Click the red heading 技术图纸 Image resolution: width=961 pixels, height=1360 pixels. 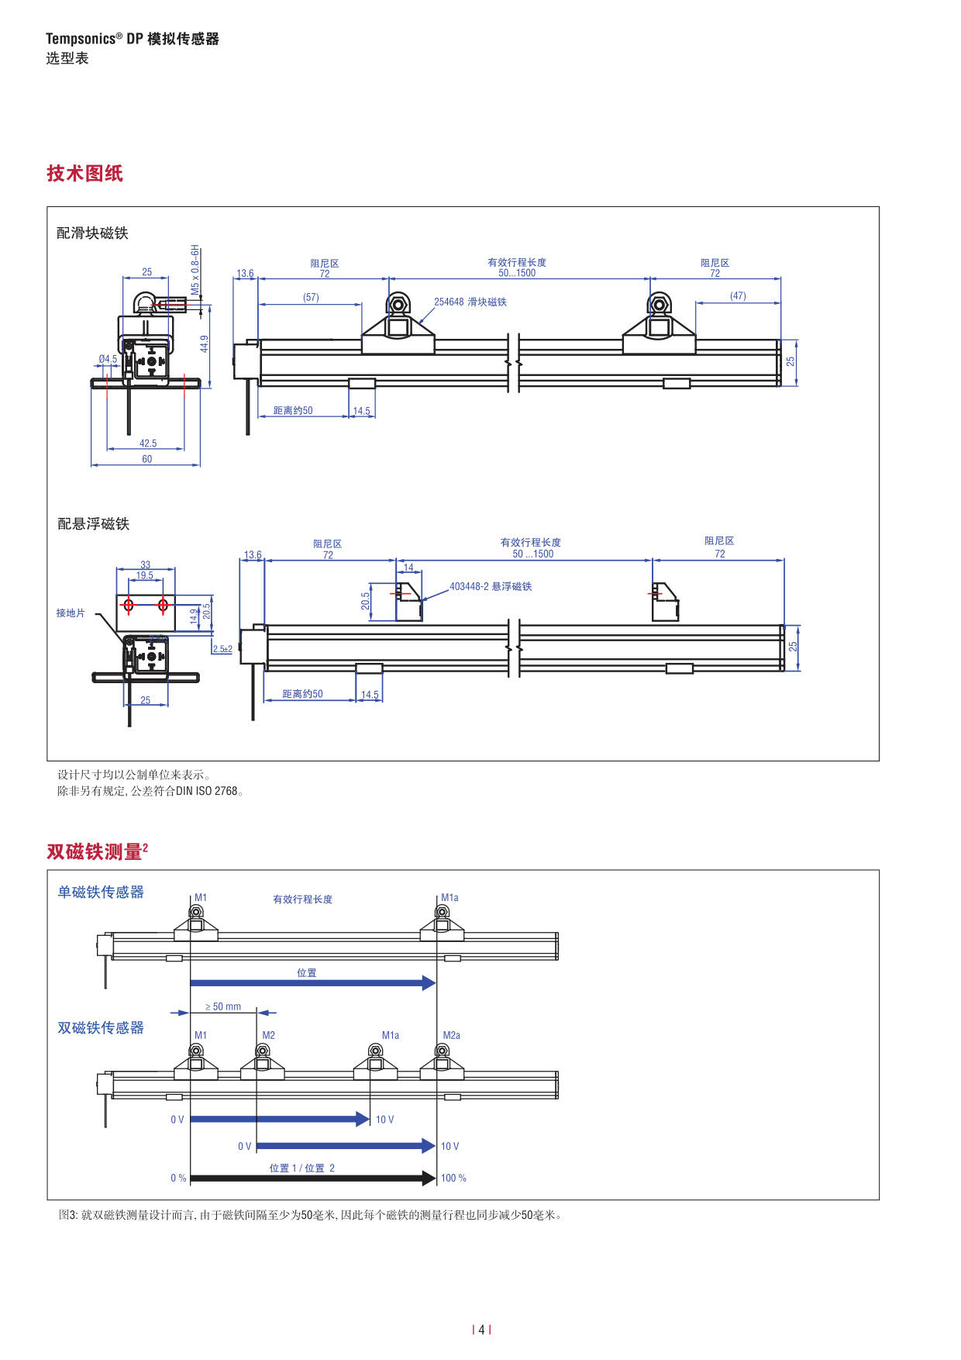coord(84,173)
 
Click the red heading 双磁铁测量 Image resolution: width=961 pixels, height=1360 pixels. coord(94,851)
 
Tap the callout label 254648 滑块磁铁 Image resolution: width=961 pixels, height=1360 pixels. coord(470,302)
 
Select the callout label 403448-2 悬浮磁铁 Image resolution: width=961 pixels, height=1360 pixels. coord(491,586)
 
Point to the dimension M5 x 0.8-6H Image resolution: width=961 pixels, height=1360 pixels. coord(196,269)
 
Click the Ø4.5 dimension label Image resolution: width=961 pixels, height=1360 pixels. coord(108,359)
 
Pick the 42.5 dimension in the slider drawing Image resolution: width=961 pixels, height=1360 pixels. coord(148,444)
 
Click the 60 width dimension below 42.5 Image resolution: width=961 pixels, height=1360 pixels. coord(147,459)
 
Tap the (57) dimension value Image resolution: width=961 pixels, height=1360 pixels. coord(311,297)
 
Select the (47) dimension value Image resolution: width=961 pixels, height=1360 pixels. coord(738,295)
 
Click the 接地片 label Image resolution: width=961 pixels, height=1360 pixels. coord(71,613)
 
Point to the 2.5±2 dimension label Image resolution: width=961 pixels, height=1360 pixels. coord(222,649)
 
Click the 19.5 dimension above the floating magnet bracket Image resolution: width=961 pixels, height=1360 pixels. coord(145,575)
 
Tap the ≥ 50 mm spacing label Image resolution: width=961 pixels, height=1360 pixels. coord(223,1006)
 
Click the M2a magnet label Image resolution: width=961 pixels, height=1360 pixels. coord(451,1035)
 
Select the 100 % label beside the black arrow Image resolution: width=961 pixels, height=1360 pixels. coord(453,1178)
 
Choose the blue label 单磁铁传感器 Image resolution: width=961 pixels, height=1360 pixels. coord(101,892)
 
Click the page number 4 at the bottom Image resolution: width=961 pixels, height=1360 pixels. coord(481,1330)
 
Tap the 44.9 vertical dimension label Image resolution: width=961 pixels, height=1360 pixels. coord(205,343)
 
